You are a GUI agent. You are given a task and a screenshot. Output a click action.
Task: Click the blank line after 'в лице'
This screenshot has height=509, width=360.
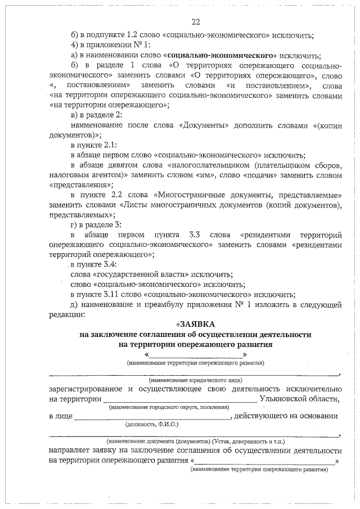pyautogui.click(x=152, y=417)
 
